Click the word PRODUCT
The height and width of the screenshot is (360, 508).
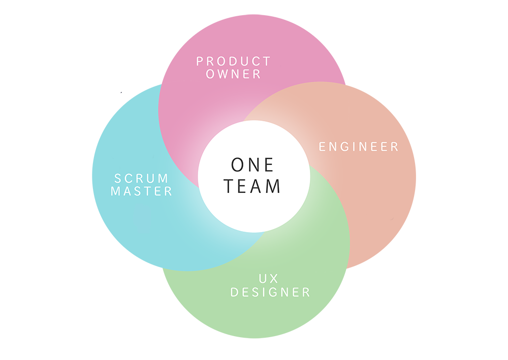click(x=234, y=61)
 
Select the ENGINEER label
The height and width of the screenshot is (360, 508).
click(x=359, y=147)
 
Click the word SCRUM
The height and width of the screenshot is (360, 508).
click(x=141, y=179)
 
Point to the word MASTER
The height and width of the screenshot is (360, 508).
click(x=142, y=191)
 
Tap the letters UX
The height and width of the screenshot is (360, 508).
click(x=269, y=279)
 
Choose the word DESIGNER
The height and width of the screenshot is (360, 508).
click(x=270, y=292)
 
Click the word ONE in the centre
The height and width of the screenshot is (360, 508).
click(x=252, y=165)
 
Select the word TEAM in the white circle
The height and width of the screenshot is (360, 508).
click(x=253, y=186)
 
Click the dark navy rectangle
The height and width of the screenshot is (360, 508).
click(x=110, y=56)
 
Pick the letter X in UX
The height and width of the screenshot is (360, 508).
click(x=275, y=279)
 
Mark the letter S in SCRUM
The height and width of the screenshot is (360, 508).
click(x=118, y=179)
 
